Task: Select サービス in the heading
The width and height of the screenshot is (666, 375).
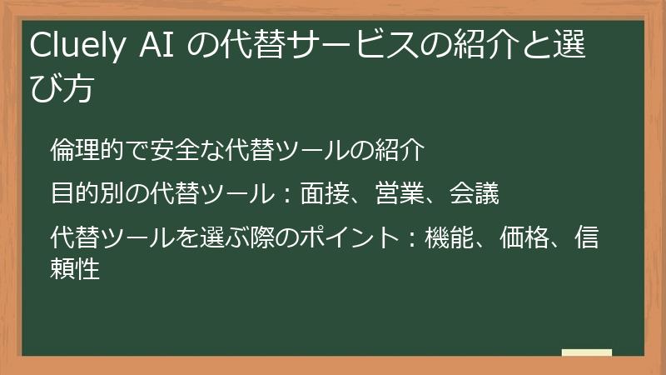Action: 336,49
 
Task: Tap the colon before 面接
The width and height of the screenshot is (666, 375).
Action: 286,197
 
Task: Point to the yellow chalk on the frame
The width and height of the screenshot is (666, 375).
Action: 586,353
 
